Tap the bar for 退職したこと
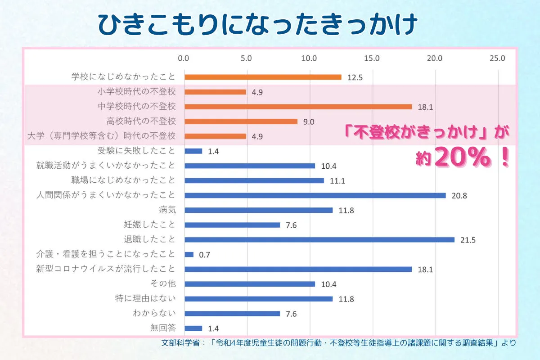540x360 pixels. click(319, 239)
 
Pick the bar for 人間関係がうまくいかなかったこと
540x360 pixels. click(315, 195)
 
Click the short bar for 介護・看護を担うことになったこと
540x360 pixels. click(189, 254)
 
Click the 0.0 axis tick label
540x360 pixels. click(184, 58)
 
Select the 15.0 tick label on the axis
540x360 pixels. click(372, 58)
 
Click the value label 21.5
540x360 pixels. click(468, 240)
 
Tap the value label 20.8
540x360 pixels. click(459, 196)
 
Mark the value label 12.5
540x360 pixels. click(355, 77)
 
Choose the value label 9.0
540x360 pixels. click(308, 121)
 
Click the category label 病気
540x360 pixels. click(167, 209)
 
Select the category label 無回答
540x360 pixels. click(163, 328)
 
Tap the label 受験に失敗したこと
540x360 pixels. click(136, 151)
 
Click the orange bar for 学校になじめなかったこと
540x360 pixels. click(263, 77)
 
